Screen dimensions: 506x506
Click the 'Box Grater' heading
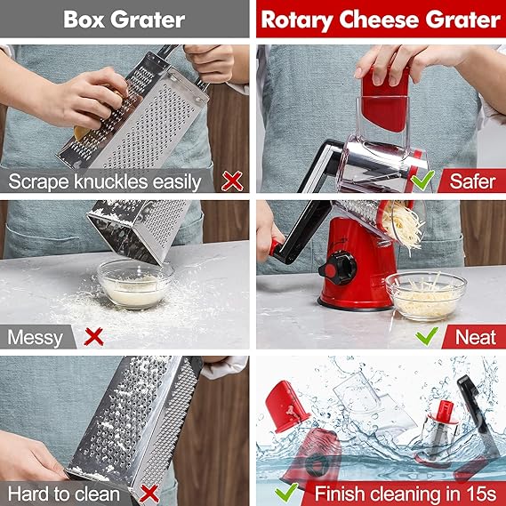click(x=124, y=20)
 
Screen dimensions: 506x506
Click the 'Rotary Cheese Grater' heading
click(x=381, y=20)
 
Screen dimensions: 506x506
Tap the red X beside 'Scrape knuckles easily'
click(x=232, y=181)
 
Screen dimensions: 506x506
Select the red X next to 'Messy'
click(x=93, y=336)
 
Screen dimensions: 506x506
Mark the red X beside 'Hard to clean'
click(x=149, y=494)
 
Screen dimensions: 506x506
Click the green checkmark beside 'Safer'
click(x=422, y=180)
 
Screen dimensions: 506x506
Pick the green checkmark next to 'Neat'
click(x=427, y=336)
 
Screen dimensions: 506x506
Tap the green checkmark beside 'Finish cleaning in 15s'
click(x=286, y=493)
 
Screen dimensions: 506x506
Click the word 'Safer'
click(x=472, y=181)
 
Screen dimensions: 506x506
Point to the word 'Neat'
click(x=476, y=338)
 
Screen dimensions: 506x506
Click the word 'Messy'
click(x=36, y=338)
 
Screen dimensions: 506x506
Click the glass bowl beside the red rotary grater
click(x=426, y=296)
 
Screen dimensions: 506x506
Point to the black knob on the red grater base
click(x=338, y=269)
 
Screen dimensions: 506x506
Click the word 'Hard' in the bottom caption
click(x=28, y=494)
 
